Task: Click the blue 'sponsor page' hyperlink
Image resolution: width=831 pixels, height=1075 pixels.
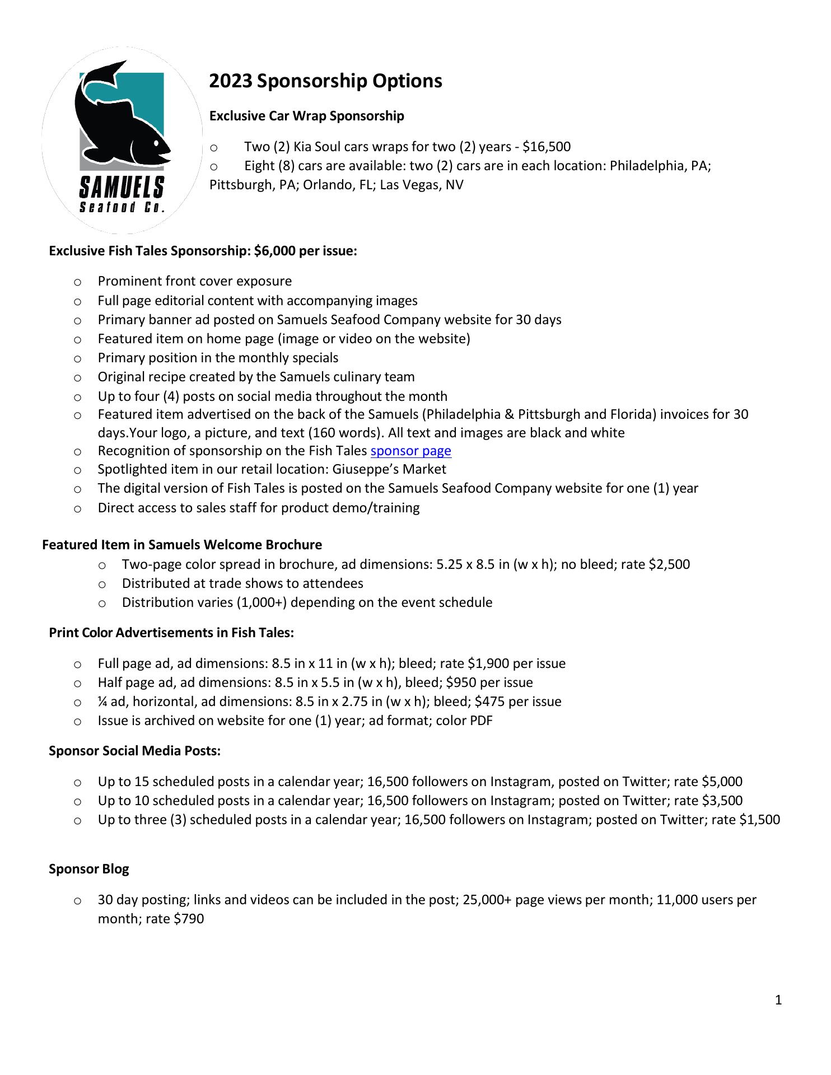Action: point(410,451)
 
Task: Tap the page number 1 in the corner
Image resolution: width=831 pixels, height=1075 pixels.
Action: point(778,1000)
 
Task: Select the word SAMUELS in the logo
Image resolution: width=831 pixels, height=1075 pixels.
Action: point(122,187)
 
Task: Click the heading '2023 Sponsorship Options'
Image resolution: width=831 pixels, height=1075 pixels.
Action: point(325,81)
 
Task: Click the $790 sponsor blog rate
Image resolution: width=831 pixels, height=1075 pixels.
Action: point(189,919)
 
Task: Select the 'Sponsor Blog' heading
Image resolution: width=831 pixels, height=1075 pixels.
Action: point(89,870)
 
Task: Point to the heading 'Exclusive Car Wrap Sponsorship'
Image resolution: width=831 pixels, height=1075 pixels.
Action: point(306,116)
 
